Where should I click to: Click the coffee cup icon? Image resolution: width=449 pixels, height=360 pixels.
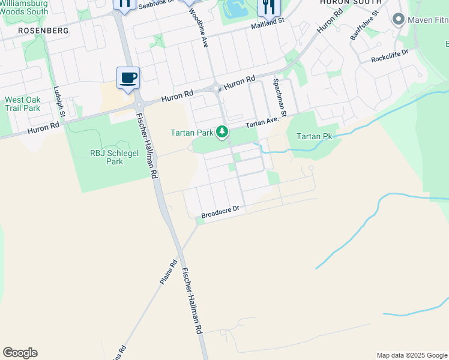point(128,77)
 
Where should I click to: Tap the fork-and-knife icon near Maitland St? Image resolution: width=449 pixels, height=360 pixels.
point(268,7)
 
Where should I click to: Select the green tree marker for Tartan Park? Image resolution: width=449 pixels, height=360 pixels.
point(223,131)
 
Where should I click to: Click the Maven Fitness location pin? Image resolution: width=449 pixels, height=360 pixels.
point(397,20)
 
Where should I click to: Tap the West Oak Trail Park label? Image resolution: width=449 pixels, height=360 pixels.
point(22,104)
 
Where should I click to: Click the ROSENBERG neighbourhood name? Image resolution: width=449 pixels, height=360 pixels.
point(43,30)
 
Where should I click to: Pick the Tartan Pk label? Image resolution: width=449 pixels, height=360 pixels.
point(314,136)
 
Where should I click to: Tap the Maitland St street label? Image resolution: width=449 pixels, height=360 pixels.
point(267,26)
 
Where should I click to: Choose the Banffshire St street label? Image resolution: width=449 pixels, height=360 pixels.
point(365,25)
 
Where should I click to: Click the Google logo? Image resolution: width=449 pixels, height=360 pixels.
point(20,353)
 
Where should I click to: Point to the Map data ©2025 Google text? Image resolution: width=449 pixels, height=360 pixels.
point(412,355)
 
